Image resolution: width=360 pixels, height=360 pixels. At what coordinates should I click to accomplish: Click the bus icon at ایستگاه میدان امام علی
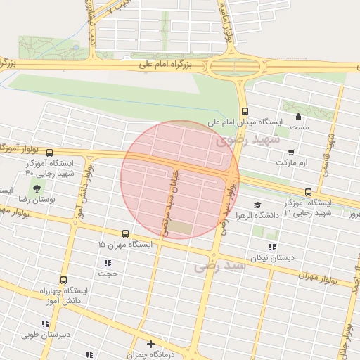coord(245,110)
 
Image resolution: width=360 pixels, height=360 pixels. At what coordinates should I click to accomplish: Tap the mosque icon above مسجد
coord(298,117)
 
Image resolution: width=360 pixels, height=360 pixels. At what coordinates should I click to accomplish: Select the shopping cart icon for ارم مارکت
coord(291,151)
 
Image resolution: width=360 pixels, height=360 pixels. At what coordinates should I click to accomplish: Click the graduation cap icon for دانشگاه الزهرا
coord(257,205)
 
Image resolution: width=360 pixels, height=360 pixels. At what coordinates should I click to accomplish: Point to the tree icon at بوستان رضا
coord(36,188)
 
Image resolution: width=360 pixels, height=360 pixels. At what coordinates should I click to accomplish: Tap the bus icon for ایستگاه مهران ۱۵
coord(125,233)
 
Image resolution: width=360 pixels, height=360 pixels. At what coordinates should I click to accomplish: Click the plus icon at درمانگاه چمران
coord(150,344)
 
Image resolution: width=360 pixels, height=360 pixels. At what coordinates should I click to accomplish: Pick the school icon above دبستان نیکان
coord(272,247)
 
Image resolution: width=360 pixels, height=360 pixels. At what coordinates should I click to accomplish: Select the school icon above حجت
coord(108,262)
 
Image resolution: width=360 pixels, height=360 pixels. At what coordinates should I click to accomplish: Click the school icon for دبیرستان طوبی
coord(45,323)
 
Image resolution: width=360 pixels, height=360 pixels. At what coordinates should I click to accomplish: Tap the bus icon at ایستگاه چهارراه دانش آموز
coord(63,279)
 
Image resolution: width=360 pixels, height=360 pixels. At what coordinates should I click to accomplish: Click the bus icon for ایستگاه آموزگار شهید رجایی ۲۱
coord(308,192)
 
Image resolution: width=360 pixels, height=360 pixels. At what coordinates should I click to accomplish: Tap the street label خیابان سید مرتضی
coord(170,200)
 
